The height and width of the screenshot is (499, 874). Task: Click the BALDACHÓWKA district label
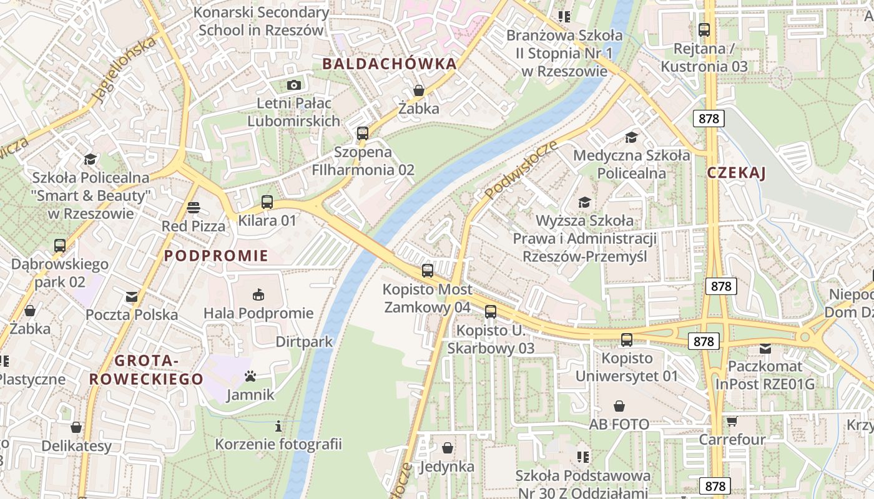click(x=390, y=64)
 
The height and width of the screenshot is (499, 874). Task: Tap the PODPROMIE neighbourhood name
click(x=216, y=256)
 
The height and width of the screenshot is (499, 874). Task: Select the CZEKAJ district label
click(x=737, y=173)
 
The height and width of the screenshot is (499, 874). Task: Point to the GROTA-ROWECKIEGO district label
click(x=146, y=370)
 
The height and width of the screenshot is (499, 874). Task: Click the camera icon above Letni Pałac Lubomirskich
click(x=293, y=85)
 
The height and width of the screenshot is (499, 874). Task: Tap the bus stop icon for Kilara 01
click(x=267, y=201)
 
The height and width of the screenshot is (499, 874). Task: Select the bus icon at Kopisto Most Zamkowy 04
click(x=428, y=271)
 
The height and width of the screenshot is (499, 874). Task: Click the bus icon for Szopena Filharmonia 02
click(x=363, y=133)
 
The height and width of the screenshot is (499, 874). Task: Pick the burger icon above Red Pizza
click(x=194, y=208)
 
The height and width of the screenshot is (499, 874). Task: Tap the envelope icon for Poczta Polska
click(x=132, y=296)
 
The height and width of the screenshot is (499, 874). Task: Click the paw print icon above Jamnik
click(x=250, y=376)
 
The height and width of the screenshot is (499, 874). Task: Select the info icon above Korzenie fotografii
click(x=278, y=426)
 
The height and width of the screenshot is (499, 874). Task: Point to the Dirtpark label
click(x=304, y=342)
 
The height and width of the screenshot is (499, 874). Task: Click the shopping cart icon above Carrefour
click(x=732, y=421)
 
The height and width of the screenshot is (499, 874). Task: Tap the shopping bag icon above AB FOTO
click(x=619, y=406)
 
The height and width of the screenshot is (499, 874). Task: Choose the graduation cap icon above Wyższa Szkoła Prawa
click(x=584, y=202)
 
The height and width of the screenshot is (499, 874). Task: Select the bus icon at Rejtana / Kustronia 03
click(x=704, y=29)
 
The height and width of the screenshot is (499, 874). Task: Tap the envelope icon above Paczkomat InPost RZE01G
click(x=765, y=349)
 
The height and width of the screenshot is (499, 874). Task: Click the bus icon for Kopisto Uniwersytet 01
click(x=627, y=340)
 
